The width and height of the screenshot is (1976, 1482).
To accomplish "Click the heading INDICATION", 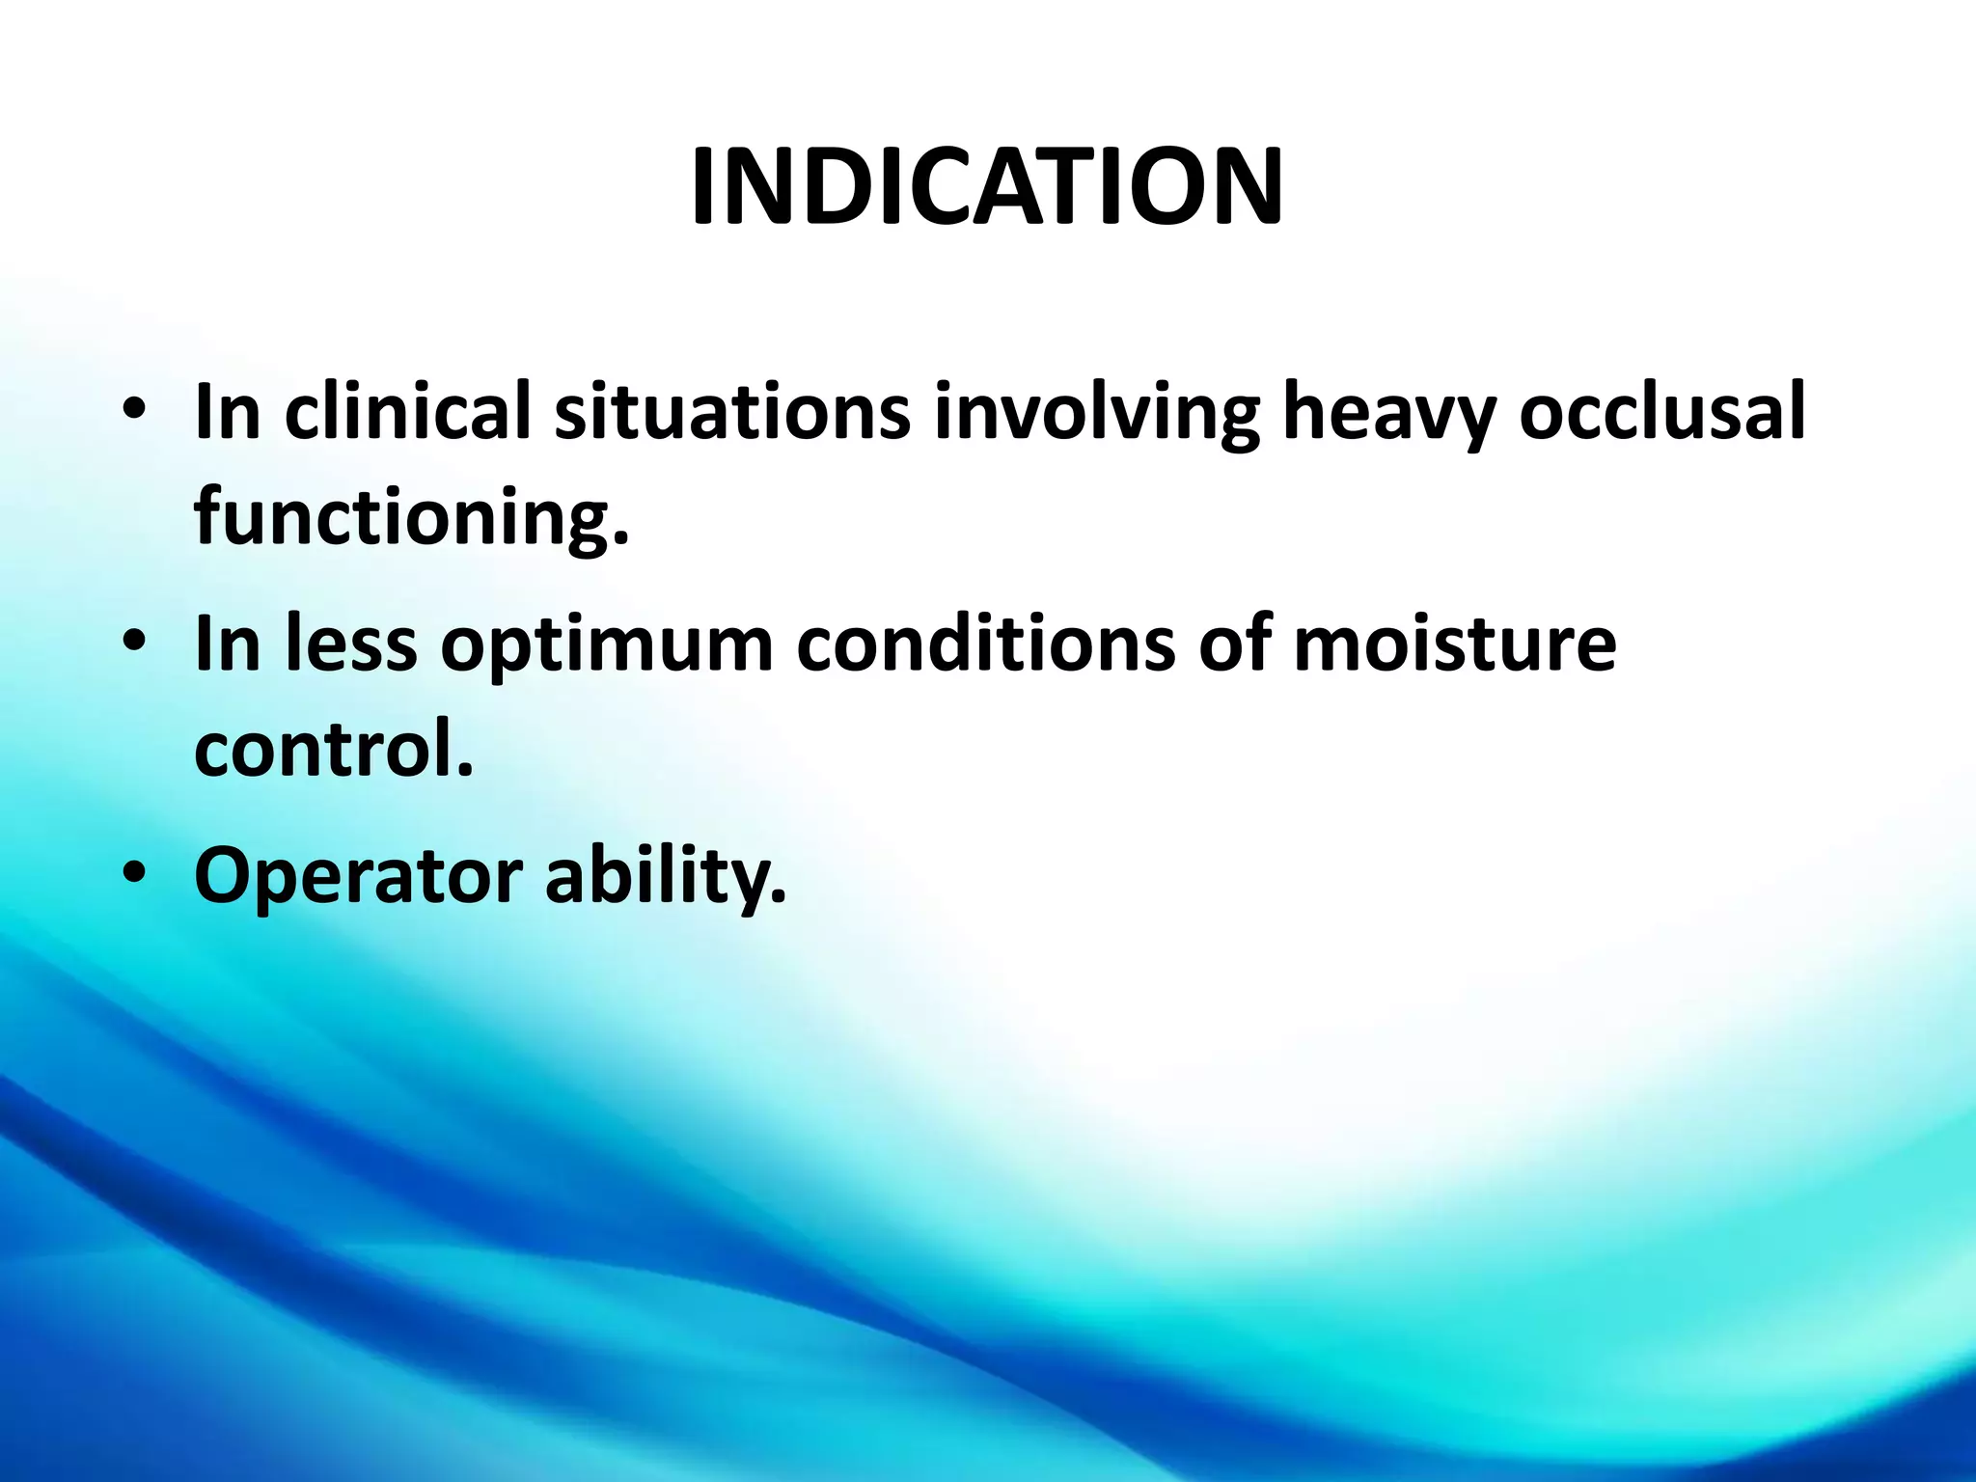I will tap(987, 188).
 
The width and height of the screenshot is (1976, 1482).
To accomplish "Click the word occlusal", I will tap(1661, 412).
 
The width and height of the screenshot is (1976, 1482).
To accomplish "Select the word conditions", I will tap(985, 644).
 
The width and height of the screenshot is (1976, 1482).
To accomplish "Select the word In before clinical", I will tap(228, 412).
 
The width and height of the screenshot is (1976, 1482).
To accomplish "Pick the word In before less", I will tap(228, 644).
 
